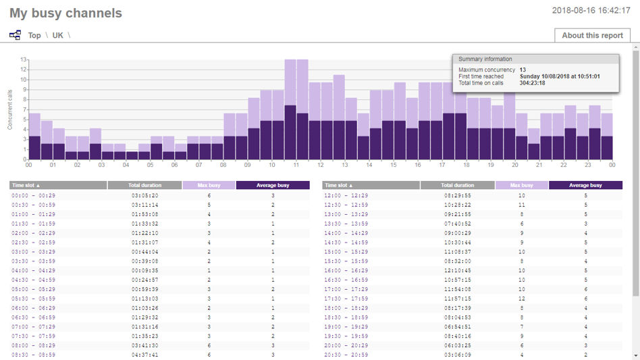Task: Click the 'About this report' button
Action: (x=592, y=36)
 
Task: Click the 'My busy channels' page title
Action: (x=66, y=13)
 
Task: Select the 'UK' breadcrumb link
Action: (x=58, y=35)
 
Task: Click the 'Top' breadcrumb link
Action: (x=34, y=35)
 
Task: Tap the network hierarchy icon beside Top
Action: (x=15, y=35)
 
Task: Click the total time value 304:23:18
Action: (x=533, y=83)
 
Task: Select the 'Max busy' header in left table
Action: (x=209, y=185)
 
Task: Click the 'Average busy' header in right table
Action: (x=585, y=185)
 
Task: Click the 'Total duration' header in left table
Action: (x=144, y=185)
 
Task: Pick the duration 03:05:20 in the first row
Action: (x=144, y=195)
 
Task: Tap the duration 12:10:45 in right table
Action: (x=457, y=270)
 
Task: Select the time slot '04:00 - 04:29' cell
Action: (x=34, y=270)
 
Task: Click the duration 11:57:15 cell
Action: (x=457, y=299)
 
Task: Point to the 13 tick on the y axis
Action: (x=24, y=59)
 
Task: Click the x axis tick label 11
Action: (x=296, y=165)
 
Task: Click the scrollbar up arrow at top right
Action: (x=635, y=49)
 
